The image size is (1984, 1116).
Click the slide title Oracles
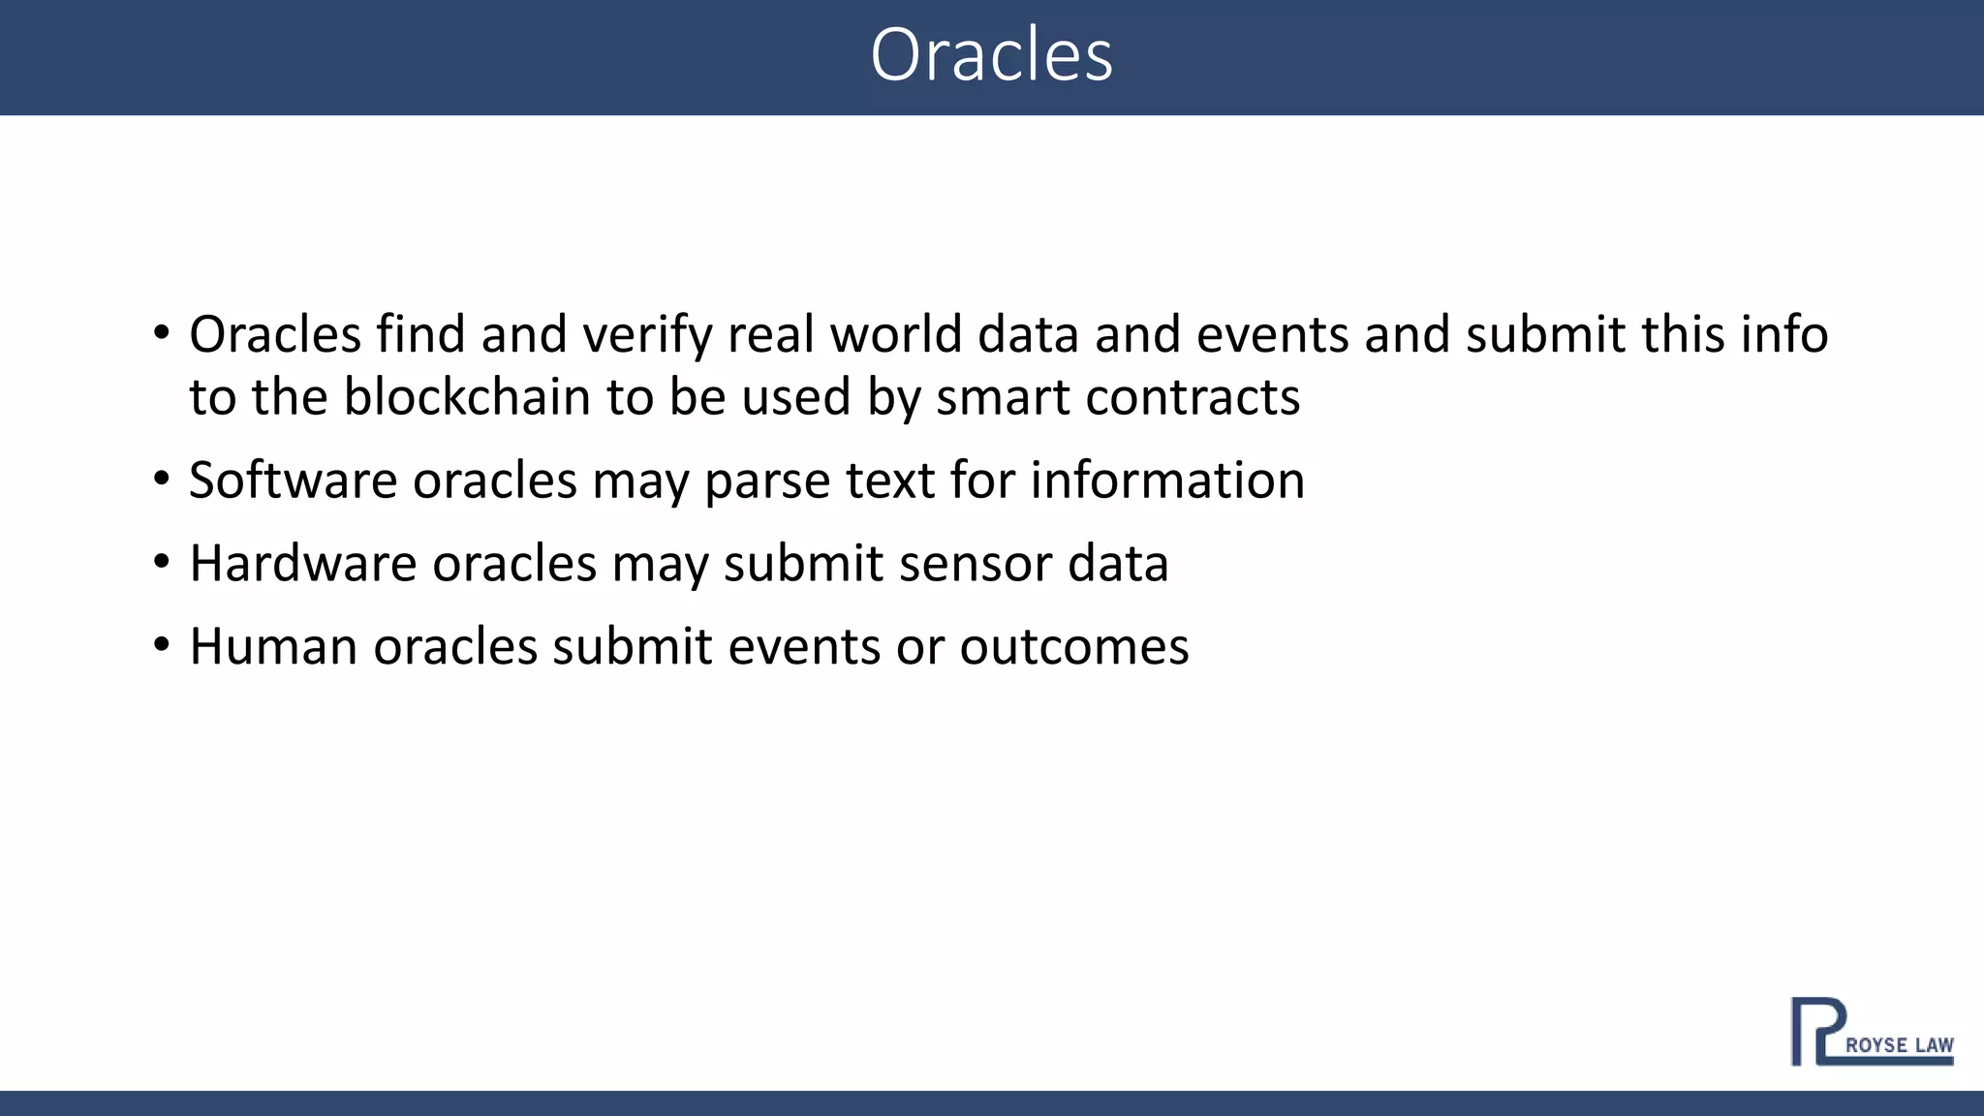click(x=991, y=55)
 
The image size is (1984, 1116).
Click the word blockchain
click(x=467, y=397)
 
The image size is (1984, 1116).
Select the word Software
click(x=293, y=480)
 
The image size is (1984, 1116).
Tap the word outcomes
click(x=1073, y=647)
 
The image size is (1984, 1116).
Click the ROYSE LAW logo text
click(x=1899, y=1045)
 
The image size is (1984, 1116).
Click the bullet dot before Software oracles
click(x=162, y=479)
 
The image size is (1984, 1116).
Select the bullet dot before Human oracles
click(x=162, y=645)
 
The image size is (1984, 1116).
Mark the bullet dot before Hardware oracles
click(x=162, y=562)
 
